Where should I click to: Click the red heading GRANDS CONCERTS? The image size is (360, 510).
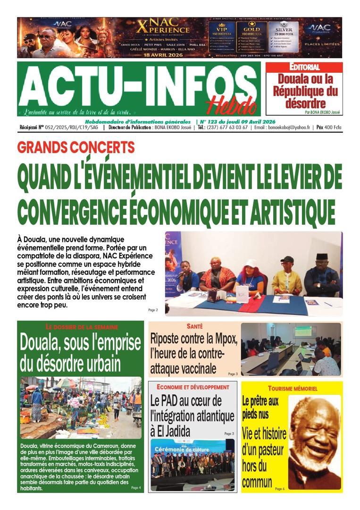tap(76, 148)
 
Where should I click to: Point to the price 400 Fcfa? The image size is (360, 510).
tap(329, 127)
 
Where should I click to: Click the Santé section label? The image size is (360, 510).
tap(194, 326)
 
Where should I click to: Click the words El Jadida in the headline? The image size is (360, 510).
tap(174, 431)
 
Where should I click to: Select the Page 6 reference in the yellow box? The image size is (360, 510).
tap(280, 489)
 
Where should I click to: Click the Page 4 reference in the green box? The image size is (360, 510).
tap(136, 487)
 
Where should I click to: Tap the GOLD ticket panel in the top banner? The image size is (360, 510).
tap(251, 37)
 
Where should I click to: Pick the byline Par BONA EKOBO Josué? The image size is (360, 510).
tap(323, 112)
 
